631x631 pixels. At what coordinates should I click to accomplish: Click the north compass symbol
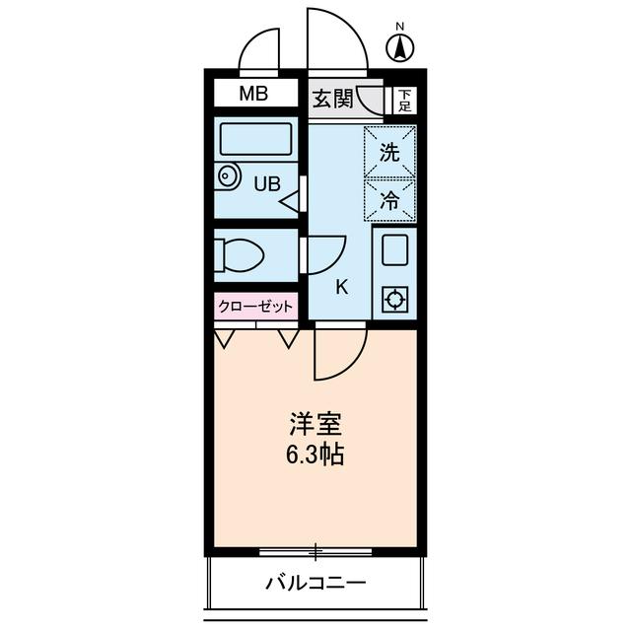pos(399,44)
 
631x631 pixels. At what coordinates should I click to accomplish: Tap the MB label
pos(255,95)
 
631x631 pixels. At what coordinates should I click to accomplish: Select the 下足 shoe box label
pos(404,100)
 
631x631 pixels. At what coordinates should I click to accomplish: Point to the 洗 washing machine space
pos(390,153)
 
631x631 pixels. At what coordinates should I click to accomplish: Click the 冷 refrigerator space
pos(390,201)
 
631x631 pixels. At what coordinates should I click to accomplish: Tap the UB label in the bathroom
pos(267,182)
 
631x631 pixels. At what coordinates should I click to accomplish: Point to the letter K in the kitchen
pos(342,287)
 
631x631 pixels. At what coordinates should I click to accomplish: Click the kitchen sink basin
pos(394,251)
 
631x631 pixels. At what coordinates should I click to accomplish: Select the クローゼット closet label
pos(255,307)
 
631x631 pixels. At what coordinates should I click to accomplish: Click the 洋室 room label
pos(315,426)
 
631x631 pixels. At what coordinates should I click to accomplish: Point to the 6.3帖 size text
pos(315,456)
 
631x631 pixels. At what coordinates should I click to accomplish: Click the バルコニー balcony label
pos(315,583)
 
